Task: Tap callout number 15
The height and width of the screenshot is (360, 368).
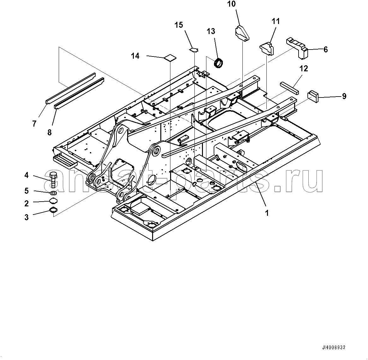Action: [x=179, y=25]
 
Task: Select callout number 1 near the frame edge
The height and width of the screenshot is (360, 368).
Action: [x=267, y=213]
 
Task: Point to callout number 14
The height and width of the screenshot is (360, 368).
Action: [x=135, y=56]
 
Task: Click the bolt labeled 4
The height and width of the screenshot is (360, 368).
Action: [x=53, y=180]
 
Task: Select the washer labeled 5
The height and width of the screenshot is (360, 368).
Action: [x=53, y=193]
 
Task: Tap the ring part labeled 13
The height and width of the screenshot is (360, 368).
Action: [x=218, y=62]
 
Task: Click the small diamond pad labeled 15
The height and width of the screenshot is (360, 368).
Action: [x=194, y=49]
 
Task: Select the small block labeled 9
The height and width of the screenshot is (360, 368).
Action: [x=313, y=96]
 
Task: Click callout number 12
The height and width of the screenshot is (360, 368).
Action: [x=304, y=68]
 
